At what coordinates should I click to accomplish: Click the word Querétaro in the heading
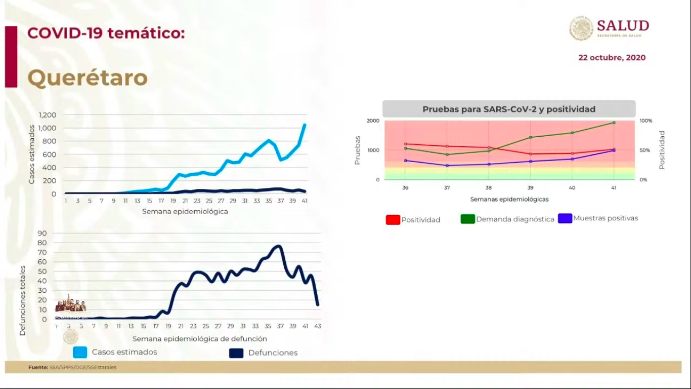pyautogui.click(x=87, y=78)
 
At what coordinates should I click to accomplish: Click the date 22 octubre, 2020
pyautogui.click(x=612, y=58)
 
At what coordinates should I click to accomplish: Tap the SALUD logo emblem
pyautogui.click(x=582, y=28)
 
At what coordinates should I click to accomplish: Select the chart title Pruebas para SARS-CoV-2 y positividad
pyautogui.click(x=508, y=109)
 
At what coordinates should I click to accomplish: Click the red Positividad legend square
pyautogui.click(x=393, y=219)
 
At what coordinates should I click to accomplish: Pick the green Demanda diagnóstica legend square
pyautogui.click(x=467, y=219)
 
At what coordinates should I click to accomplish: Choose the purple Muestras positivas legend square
pyautogui.click(x=565, y=218)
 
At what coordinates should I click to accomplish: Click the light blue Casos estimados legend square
pyautogui.click(x=80, y=352)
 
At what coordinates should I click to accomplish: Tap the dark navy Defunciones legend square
pyautogui.click(x=236, y=353)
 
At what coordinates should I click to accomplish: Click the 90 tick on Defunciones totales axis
pyautogui.click(x=42, y=234)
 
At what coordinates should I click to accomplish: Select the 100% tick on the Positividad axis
pyautogui.click(x=646, y=121)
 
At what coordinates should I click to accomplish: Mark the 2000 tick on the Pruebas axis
pyautogui.click(x=373, y=121)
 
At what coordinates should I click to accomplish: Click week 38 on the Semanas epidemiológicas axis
pyautogui.click(x=489, y=187)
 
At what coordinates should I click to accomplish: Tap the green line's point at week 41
pyautogui.click(x=614, y=123)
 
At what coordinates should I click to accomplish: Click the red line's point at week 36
pyautogui.click(x=405, y=144)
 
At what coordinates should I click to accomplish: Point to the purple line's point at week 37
pyautogui.click(x=447, y=166)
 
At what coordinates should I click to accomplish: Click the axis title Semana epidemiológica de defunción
pyautogui.click(x=199, y=339)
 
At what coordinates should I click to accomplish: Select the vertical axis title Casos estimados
pyautogui.click(x=32, y=154)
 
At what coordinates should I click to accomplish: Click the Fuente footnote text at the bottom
pyautogui.click(x=72, y=367)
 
